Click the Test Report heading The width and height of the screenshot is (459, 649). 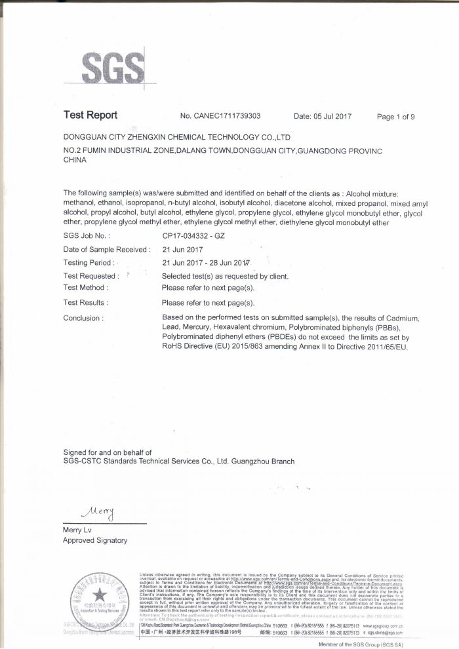(x=90, y=115)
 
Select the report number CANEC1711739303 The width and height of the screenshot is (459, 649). (x=227, y=116)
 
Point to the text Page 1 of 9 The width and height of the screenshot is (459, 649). (x=395, y=117)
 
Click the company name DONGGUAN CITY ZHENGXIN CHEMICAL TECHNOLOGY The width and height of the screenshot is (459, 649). (x=176, y=138)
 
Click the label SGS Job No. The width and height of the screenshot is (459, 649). (x=87, y=235)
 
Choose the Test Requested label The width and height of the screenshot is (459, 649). (x=90, y=276)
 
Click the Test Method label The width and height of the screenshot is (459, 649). (x=86, y=287)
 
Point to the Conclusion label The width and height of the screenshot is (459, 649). (x=83, y=318)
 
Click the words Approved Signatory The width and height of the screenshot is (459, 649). (x=95, y=540)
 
